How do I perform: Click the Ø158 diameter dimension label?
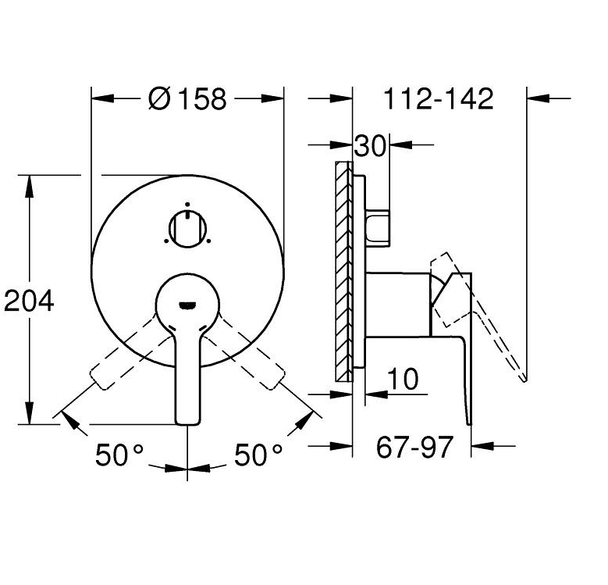coord(187,99)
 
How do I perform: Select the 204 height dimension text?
coord(29,300)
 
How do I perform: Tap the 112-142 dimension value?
coord(439,99)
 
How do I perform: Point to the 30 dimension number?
coord(371,146)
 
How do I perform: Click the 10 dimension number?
coord(403,380)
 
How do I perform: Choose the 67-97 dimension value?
coord(414,448)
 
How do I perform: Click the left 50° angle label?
coord(120,455)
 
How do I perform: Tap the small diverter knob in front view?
coord(187,227)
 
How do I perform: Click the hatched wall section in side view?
coord(342,269)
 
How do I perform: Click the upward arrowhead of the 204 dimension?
coord(30,184)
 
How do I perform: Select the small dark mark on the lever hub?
coord(187,304)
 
